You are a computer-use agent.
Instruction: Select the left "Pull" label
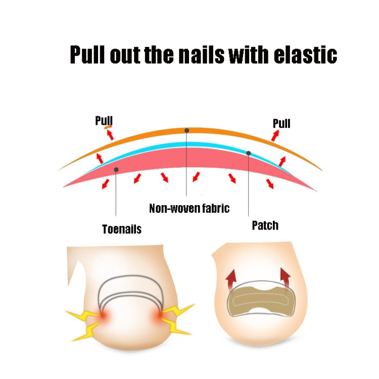(104, 120)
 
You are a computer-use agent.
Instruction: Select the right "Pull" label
(281, 123)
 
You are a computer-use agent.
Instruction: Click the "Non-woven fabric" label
(189, 208)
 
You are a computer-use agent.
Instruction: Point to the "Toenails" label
(122, 229)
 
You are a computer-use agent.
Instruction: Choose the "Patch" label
(265, 225)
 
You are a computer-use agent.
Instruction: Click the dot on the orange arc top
(186, 130)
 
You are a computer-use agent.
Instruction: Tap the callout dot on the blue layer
(248, 153)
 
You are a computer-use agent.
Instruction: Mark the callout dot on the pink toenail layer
(116, 169)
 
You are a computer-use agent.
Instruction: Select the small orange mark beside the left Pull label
(108, 128)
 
